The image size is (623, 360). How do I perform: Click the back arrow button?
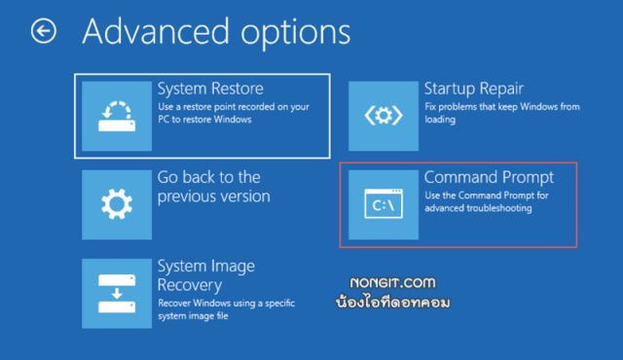[x=44, y=32]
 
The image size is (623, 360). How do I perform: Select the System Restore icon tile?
[x=116, y=115]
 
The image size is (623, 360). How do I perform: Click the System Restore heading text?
[x=210, y=89]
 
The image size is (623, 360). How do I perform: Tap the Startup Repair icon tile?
[x=383, y=115]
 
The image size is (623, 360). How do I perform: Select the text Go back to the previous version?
[x=213, y=187]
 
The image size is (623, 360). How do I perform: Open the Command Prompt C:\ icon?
[x=383, y=204]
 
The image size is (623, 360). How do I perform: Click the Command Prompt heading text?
[x=489, y=177]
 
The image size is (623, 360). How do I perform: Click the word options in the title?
[x=282, y=32]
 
